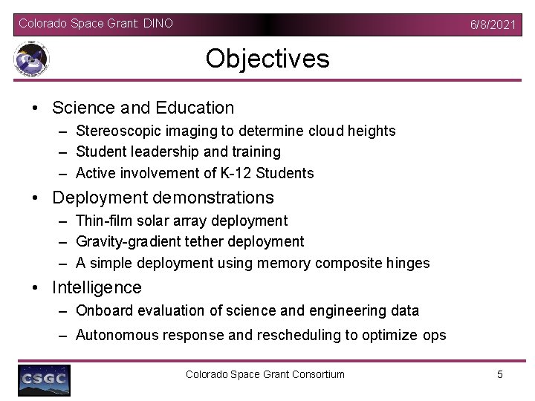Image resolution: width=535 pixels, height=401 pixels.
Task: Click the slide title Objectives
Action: (x=267, y=59)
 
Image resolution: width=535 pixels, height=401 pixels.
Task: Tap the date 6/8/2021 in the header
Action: (x=492, y=25)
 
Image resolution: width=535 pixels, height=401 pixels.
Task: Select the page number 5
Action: (x=499, y=374)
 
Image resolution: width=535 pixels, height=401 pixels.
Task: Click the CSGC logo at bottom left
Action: (x=44, y=379)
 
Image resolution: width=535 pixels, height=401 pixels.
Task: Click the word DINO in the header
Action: (x=159, y=24)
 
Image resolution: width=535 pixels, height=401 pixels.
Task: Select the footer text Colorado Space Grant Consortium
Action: (x=265, y=374)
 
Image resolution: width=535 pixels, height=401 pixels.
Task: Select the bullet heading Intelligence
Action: (x=97, y=287)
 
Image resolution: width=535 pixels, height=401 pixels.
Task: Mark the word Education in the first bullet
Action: (x=195, y=108)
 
